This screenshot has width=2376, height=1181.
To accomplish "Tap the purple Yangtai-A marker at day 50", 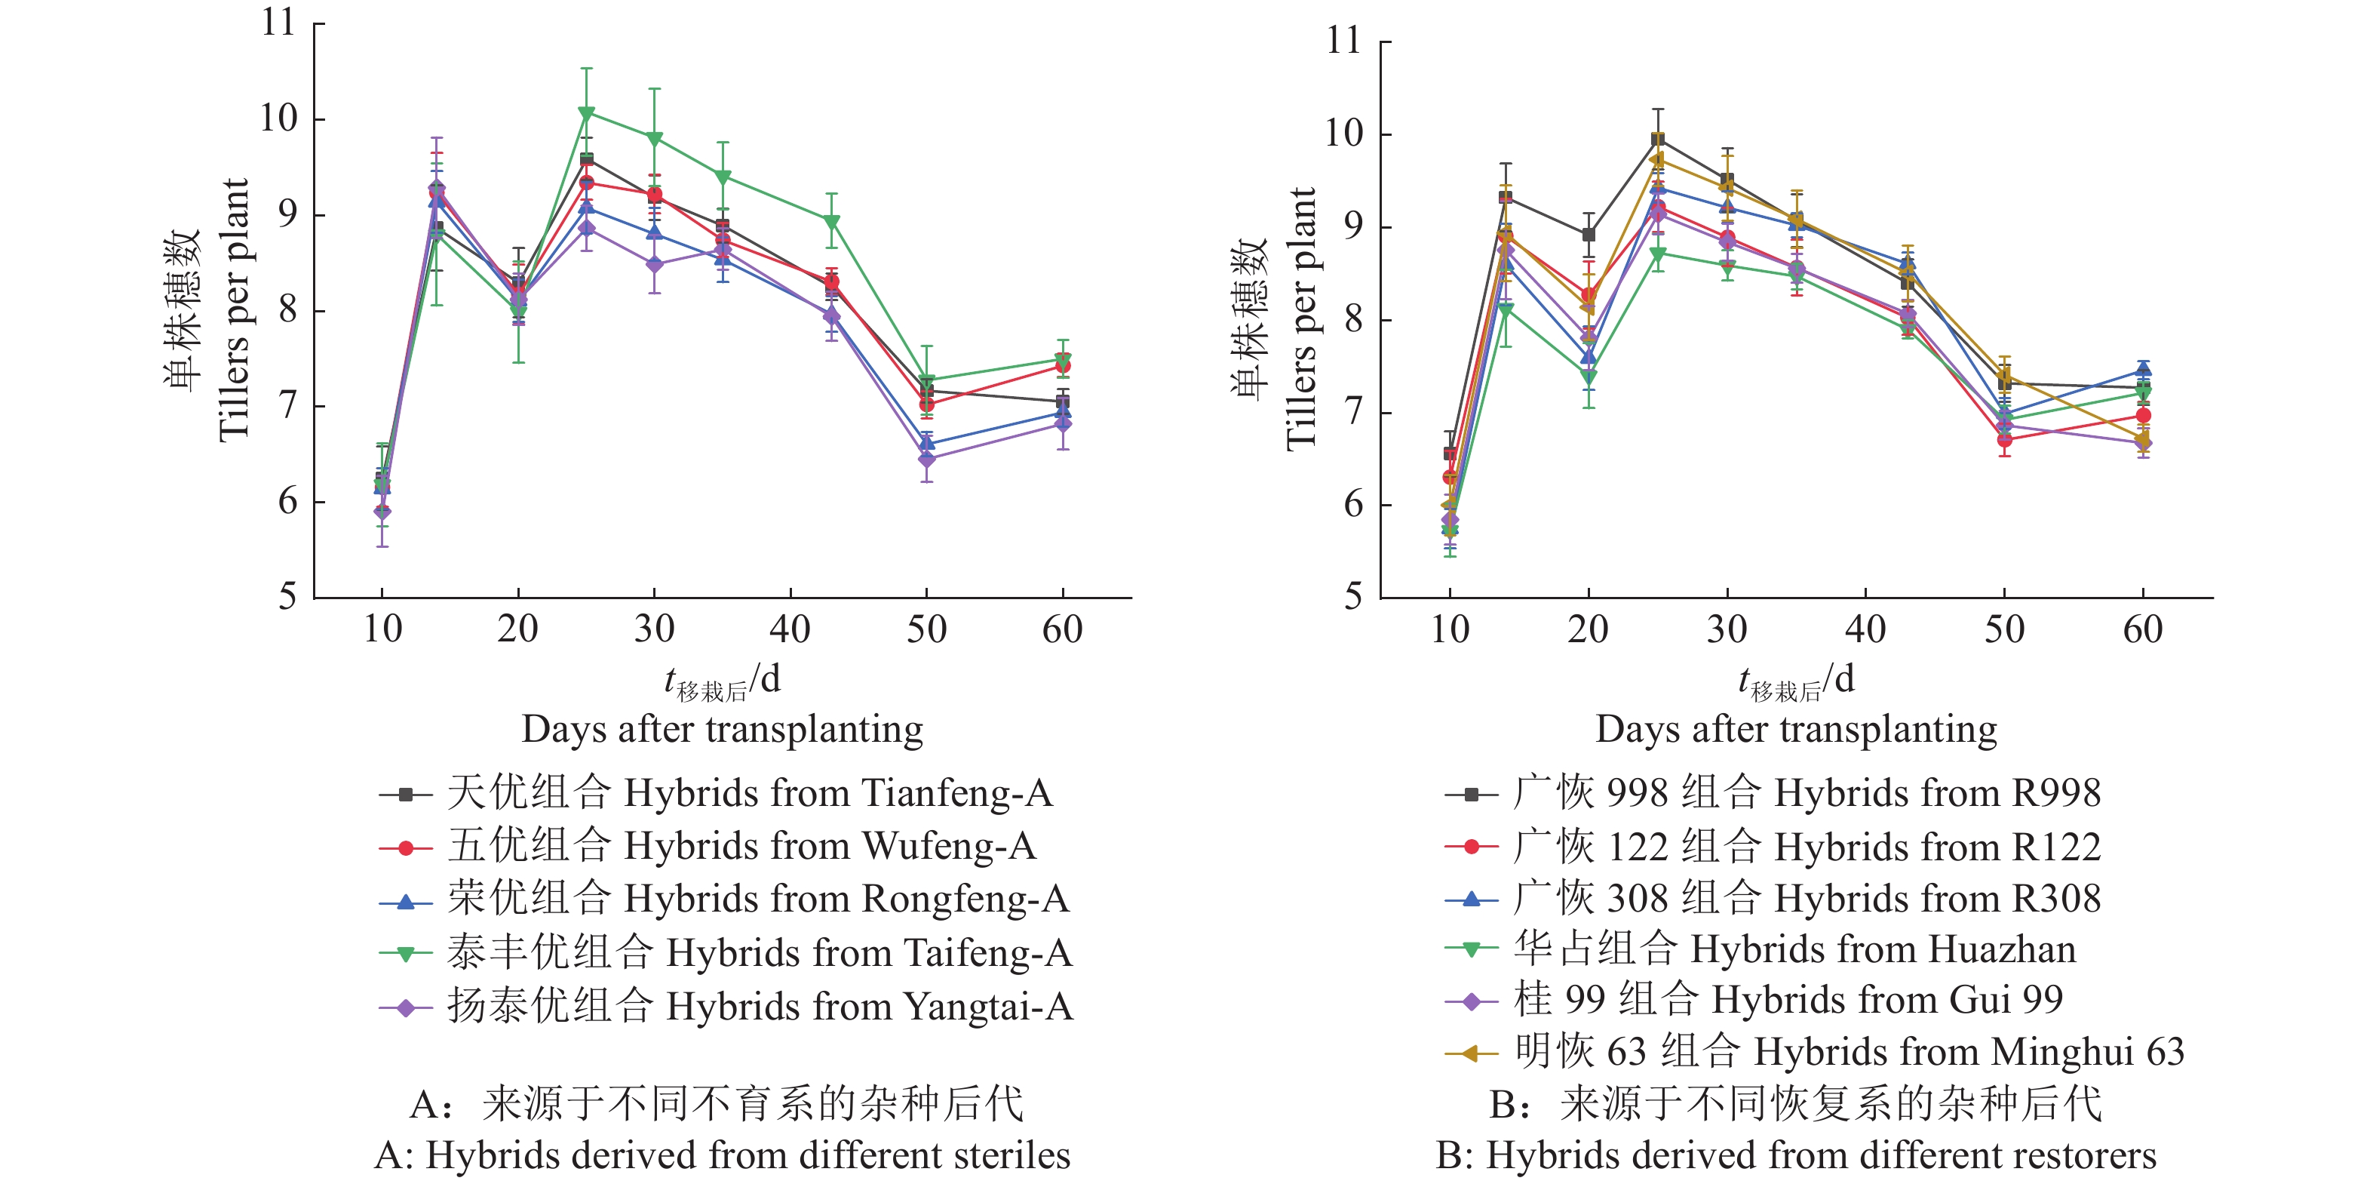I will [927, 459].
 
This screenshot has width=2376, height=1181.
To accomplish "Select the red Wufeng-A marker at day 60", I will [1063, 365].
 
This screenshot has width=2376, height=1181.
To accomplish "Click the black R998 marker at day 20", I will [1589, 235].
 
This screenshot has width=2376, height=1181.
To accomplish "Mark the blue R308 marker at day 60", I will [2143, 371].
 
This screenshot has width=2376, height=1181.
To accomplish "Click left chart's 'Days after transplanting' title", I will [722, 729].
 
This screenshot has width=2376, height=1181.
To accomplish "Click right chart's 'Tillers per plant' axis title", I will [1300, 318].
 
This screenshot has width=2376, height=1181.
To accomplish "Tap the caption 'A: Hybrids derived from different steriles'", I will [722, 1155].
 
